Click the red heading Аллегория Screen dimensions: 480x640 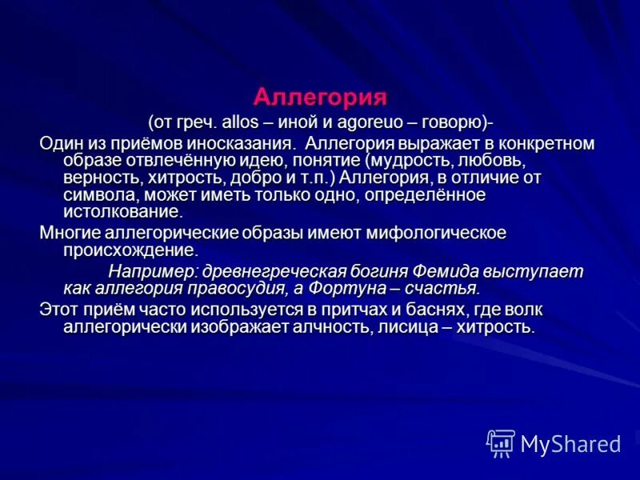pyautogui.click(x=320, y=97)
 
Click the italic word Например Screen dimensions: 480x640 pyautogui.click(x=152, y=270)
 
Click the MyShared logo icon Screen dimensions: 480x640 pyautogui.click(x=500, y=443)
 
